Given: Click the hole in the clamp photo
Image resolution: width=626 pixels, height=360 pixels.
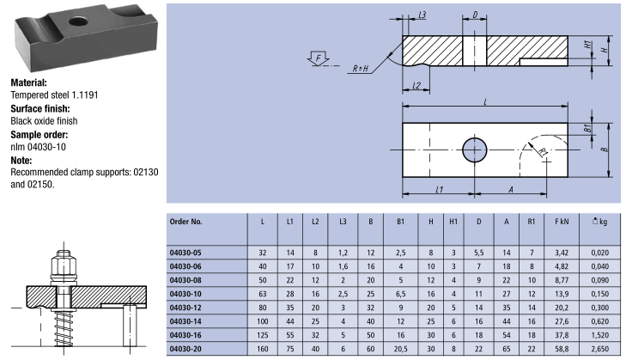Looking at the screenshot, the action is [x=78, y=21].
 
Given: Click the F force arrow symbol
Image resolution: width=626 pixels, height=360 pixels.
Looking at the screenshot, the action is [x=319, y=58].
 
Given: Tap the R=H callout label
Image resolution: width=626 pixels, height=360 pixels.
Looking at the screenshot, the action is [x=361, y=69].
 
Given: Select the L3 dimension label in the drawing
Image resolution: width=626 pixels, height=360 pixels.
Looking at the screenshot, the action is [x=422, y=15].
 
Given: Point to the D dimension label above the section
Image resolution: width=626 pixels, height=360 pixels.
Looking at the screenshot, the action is [x=475, y=15].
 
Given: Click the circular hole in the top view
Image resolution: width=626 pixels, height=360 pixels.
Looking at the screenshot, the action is [x=474, y=149].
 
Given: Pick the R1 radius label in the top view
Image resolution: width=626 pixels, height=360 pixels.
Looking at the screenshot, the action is [x=543, y=151].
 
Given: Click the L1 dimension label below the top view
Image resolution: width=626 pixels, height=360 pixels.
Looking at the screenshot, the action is [x=439, y=189].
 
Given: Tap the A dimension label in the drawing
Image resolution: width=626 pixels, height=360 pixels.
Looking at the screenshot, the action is [x=511, y=189].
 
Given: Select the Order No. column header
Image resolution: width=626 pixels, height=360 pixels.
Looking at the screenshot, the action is [x=185, y=222].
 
